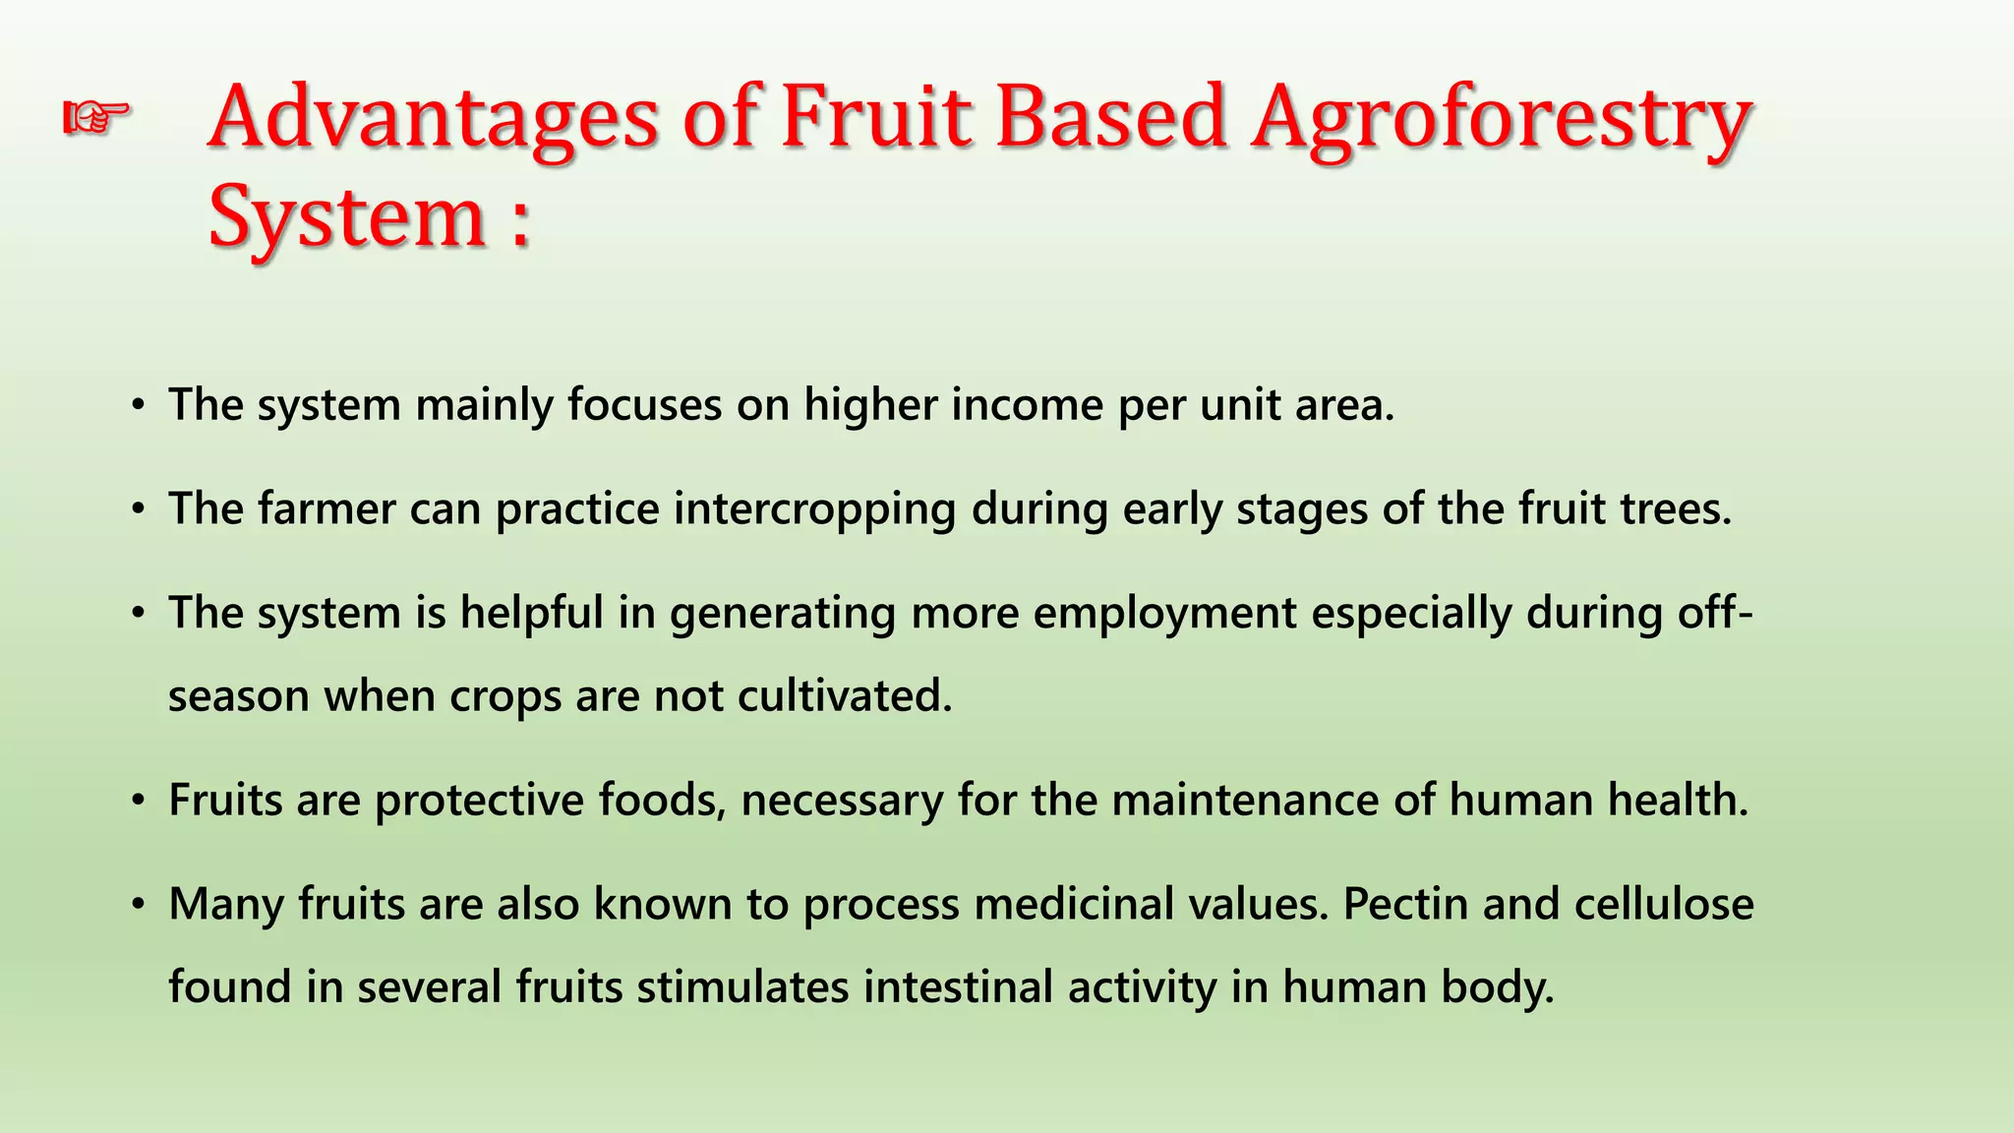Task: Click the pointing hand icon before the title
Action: click(x=95, y=119)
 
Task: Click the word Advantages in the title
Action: click(x=433, y=119)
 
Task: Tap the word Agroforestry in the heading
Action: click(x=1501, y=119)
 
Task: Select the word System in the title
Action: click(x=347, y=218)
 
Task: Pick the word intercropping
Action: click(x=814, y=509)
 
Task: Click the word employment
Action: click(x=1164, y=614)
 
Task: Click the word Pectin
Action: click(x=1405, y=904)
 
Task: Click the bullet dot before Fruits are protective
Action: click(x=140, y=802)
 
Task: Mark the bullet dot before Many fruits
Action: click(x=140, y=905)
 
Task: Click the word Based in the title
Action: click(x=1111, y=119)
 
